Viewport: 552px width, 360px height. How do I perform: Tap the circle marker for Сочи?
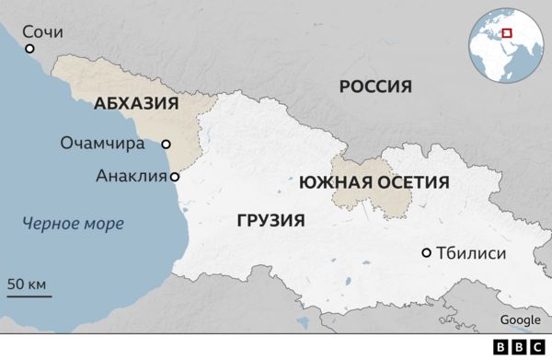[x=29, y=49]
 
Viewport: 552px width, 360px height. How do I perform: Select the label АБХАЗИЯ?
[x=136, y=104]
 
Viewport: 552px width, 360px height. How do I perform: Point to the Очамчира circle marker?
[x=167, y=144]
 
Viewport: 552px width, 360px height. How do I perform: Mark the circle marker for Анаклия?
[x=174, y=176]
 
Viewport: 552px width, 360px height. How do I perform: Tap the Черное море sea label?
[x=74, y=223]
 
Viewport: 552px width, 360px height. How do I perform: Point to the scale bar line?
[x=29, y=296]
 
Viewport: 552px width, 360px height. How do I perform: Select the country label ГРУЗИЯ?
[x=270, y=221]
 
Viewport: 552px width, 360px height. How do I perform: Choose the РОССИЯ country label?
[x=375, y=87]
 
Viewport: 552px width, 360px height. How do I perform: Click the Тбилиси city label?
[x=472, y=253]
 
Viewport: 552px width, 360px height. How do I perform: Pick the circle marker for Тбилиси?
[x=426, y=253]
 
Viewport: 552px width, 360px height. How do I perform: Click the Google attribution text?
[x=520, y=319]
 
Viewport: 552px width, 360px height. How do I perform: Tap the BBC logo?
[x=520, y=347]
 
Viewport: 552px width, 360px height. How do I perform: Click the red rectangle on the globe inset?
[x=507, y=34]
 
